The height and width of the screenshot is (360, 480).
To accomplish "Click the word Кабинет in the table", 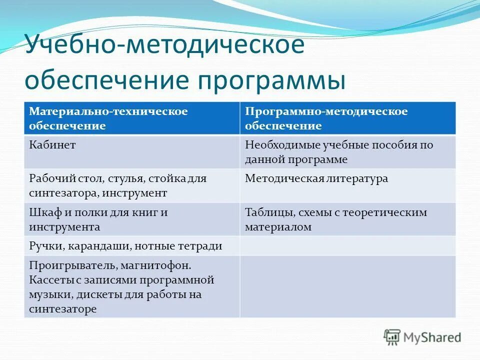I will pos(52,145).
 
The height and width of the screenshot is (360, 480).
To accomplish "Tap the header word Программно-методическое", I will pos(326,111).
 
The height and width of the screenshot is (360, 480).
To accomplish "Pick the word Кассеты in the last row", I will pos(50,279).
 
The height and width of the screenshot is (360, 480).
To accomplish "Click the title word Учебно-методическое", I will pos(164,46).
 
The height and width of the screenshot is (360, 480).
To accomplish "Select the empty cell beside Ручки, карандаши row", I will pos(347,246).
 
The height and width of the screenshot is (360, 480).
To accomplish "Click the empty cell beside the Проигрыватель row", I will pos(347,286).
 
